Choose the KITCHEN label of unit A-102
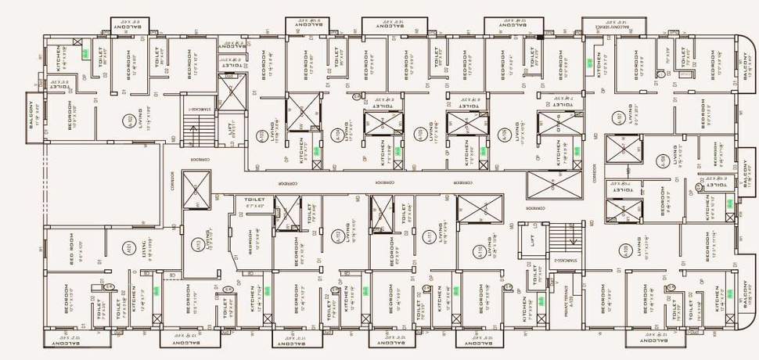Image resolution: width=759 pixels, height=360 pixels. (x=56, y=58)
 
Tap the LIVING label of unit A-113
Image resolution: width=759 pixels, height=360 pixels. (x=208, y=238)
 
